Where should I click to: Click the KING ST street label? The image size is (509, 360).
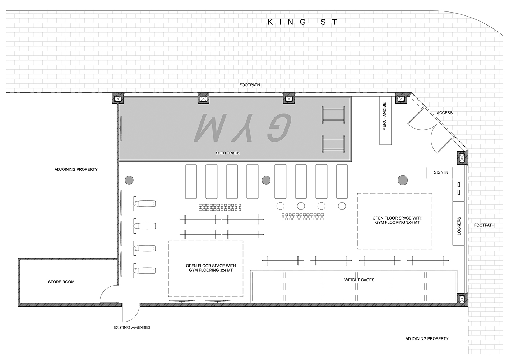point(302,22)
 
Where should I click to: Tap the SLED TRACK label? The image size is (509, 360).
point(228,153)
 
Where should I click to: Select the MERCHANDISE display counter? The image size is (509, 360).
point(386,120)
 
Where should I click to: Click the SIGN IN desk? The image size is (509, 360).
point(439,173)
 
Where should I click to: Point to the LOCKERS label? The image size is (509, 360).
point(459,226)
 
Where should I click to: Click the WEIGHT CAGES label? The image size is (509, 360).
point(359,280)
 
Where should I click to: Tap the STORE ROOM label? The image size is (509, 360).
point(61,282)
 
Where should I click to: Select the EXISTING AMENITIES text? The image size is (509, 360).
point(132,328)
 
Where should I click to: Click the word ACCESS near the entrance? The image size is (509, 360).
point(444,113)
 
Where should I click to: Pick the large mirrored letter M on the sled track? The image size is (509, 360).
point(210,128)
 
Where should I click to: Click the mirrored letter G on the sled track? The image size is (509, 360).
point(279,128)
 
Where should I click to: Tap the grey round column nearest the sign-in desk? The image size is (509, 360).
point(403,180)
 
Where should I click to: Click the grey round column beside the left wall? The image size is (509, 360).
point(129,180)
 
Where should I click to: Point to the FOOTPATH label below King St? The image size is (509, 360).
point(250,85)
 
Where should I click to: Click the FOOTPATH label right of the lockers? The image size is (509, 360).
point(484,225)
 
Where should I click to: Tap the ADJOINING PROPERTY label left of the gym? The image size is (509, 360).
point(76,169)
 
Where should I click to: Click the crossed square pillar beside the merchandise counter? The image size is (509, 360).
point(401,99)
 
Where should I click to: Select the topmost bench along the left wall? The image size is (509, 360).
point(144,204)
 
